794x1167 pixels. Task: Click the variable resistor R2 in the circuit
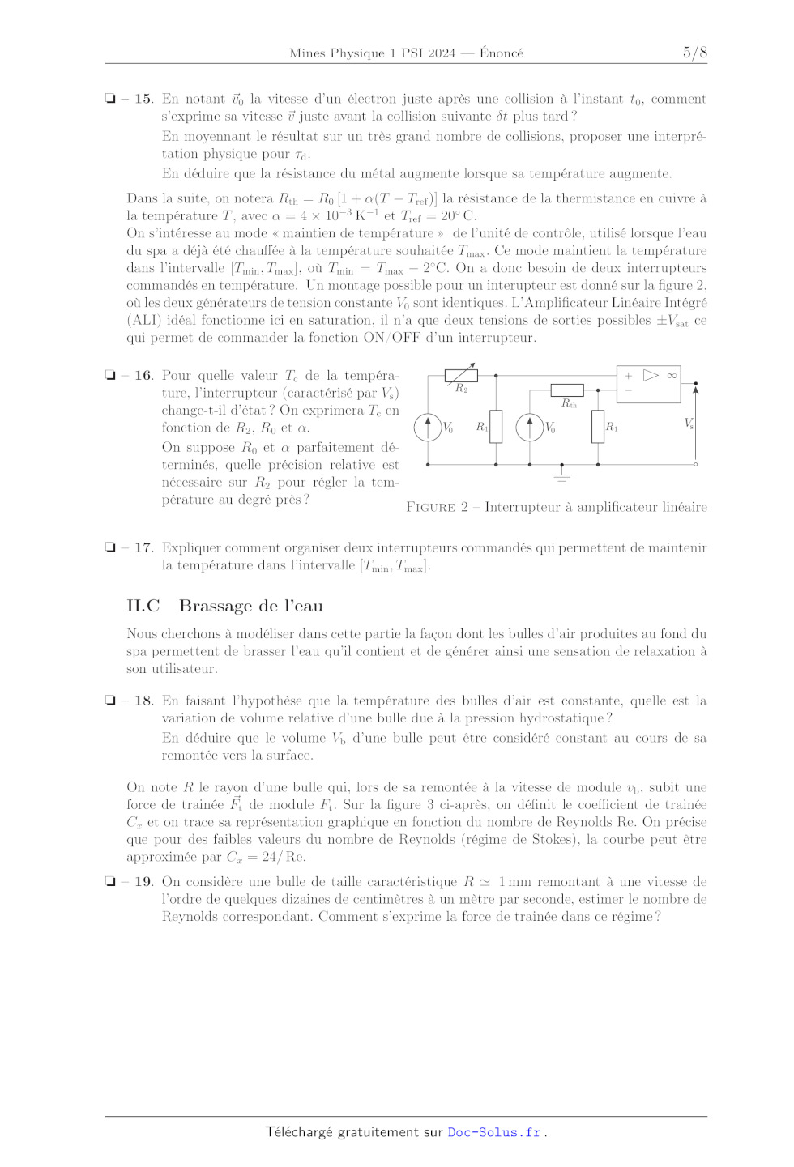(461, 375)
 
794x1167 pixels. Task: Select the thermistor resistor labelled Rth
(567, 390)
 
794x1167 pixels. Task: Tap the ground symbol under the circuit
(561, 476)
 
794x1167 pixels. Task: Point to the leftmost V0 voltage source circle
(428, 427)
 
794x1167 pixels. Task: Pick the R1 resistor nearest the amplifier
(598, 427)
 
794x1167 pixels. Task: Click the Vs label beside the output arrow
(689, 424)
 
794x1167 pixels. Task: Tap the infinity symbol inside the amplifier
(672, 376)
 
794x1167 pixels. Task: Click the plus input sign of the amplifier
(628, 376)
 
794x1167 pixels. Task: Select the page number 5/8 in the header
(694, 53)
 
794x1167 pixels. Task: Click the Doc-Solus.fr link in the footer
(494, 1132)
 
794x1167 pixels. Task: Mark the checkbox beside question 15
(110, 99)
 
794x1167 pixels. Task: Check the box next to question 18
(110, 701)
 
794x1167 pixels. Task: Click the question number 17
(143, 547)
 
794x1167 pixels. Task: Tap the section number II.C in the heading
(143, 606)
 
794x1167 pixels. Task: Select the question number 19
(143, 881)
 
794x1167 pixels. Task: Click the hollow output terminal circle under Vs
(695, 465)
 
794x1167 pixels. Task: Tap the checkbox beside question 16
(110, 375)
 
